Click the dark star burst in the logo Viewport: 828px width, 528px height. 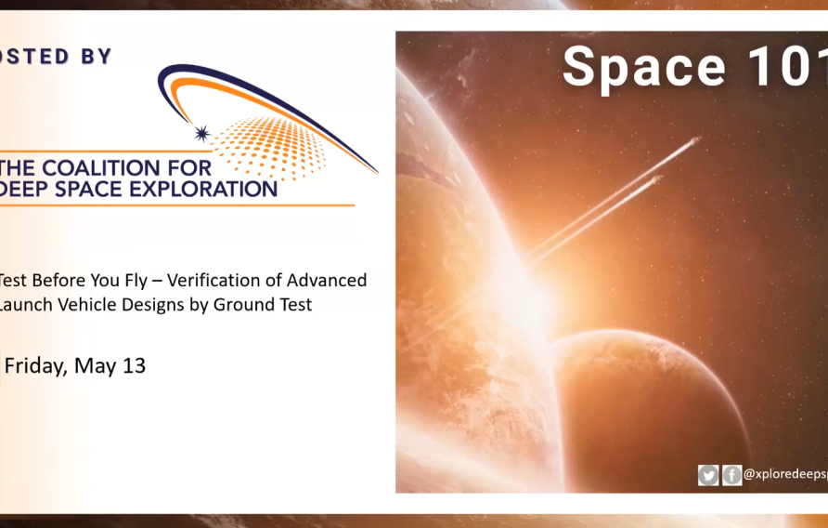201,134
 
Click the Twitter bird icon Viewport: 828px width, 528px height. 708,475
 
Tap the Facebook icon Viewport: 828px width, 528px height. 731,475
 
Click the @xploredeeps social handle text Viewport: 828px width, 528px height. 785,475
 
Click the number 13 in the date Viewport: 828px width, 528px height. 134,365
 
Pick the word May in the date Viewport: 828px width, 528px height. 96,365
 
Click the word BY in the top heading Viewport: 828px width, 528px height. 93,56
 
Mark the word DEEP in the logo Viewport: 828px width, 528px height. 25,189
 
